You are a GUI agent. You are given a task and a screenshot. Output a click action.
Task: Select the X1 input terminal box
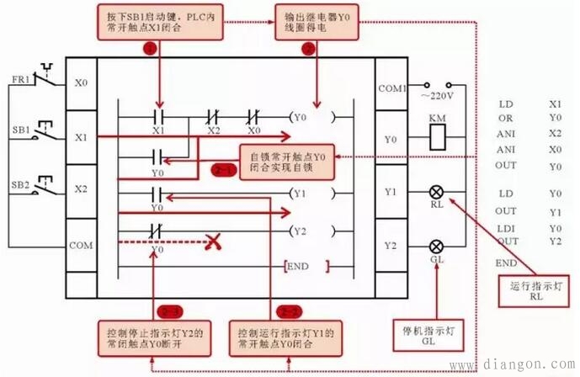82,135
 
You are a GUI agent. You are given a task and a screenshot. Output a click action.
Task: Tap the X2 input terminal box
82,190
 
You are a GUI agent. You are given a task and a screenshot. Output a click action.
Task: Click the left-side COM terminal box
82,246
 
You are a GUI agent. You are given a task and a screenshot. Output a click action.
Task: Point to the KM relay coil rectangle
437,140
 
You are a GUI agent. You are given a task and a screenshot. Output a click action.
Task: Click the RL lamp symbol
437,192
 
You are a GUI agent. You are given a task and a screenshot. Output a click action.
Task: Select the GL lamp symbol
437,246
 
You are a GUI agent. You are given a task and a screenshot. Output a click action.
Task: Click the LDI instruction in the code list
508,227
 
